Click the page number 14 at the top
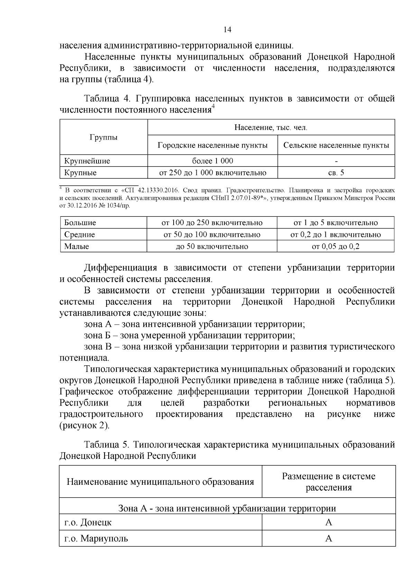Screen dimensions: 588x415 (x=227, y=30)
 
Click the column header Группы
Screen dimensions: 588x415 (x=103, y=137)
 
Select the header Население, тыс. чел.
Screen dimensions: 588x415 (x=271, y=128)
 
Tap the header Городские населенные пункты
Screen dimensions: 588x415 (x=212, y=145)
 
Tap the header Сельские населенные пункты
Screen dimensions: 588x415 (x=336, y=145)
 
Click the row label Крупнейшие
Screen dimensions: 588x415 (x=87, y=161)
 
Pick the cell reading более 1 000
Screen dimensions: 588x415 (x=212, y=161)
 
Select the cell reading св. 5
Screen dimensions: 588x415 (x=336, y=173)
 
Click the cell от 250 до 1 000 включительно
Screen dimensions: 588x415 (x=212, y=173)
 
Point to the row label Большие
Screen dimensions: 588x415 (x=80, y=223)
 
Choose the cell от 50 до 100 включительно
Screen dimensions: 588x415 (x=212, y=235)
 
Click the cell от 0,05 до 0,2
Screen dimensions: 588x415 (x=335, y=247)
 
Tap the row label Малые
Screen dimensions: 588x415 (x=76, y=247)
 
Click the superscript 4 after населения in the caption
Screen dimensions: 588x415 (x=213, y=107)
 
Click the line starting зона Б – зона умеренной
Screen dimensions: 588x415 (x=189, y=336)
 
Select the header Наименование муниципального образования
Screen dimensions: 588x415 (x=160, y=482)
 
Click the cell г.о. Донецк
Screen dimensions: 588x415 (x=88, y=522)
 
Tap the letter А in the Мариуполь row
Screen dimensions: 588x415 (x=329, y=538)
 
